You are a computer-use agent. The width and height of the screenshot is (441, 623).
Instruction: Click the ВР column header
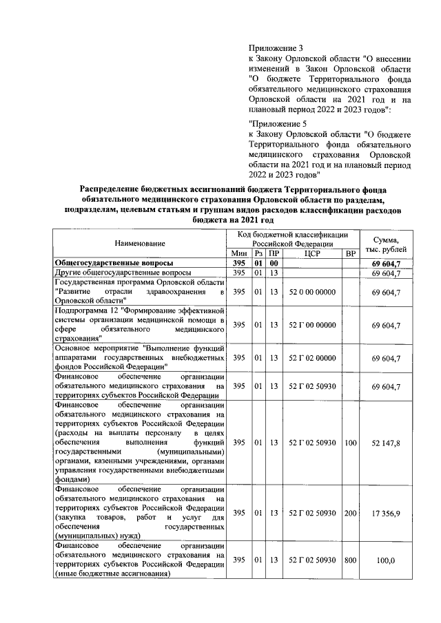click(350, 254)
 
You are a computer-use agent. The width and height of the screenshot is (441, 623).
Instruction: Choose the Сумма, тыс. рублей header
click(390, 244)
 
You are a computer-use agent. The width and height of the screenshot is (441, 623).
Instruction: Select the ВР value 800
click(350, 560)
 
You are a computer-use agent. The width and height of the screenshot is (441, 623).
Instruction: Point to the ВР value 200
click(350, 513)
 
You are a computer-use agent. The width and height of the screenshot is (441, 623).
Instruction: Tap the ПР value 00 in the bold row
click(274, 264)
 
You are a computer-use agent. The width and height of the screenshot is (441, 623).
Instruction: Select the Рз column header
click(259, 254)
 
